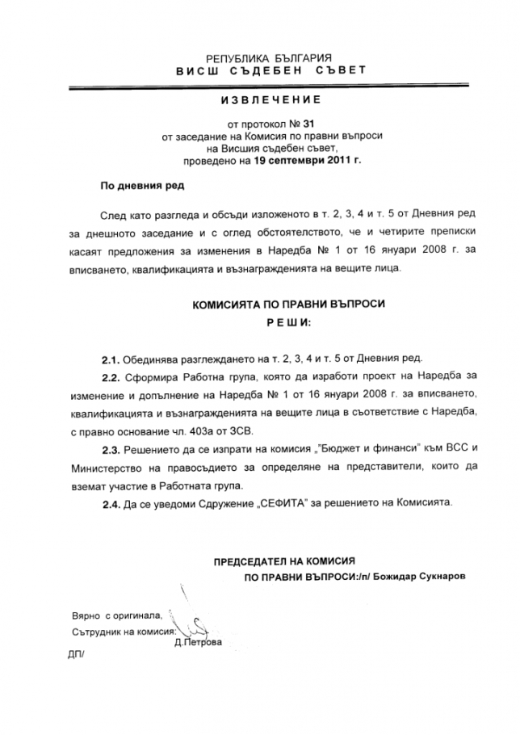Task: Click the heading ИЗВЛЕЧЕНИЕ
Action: [x=259, y=100]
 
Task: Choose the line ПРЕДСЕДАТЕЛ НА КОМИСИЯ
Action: [x=284, y=560]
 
